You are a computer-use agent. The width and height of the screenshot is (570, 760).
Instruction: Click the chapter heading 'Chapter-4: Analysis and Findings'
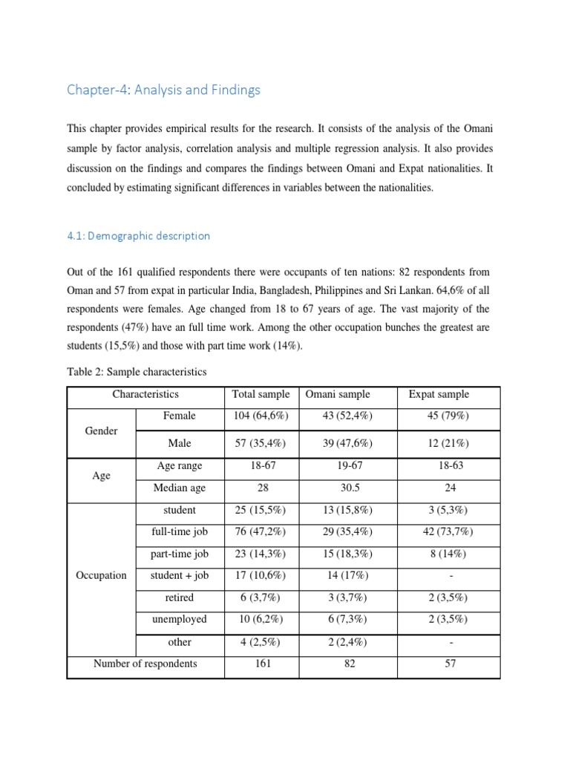click(x=163, y=90)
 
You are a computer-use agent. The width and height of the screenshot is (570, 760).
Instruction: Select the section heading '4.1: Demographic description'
click(x=138, y=235)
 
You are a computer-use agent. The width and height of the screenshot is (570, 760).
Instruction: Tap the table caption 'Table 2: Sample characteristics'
click(x=137, y=371)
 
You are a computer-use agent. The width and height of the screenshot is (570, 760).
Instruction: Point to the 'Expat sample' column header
click(x=439, y=394)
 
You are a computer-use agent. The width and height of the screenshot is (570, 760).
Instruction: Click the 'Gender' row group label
click(x=102, y=430)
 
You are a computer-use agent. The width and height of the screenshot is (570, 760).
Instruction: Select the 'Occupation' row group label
click(x=101, y=574)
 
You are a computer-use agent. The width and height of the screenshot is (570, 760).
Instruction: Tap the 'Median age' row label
click(x=180, y=488)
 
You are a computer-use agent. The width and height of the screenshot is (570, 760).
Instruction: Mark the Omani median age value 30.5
click(x=349, y=488)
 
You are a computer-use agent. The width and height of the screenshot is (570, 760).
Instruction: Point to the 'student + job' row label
click(x=180, y=574)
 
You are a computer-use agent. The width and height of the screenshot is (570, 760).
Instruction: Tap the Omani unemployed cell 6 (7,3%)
click(x=349, y=618)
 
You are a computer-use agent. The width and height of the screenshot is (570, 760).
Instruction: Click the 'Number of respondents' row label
click(x=145, y=663)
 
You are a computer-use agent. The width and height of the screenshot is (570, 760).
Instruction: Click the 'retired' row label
click(x=180, y=597)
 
